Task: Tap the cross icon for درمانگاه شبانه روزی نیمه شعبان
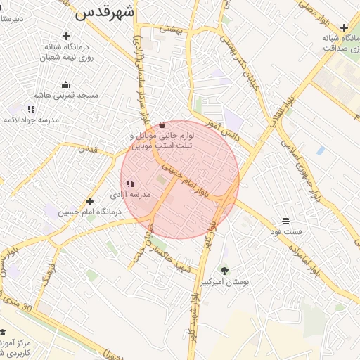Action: pyautogui.click(x=66, y=36)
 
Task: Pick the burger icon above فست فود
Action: pyautogui.click(x=285, y=220)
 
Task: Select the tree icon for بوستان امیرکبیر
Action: pyautogui.click(x=224, y=271)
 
